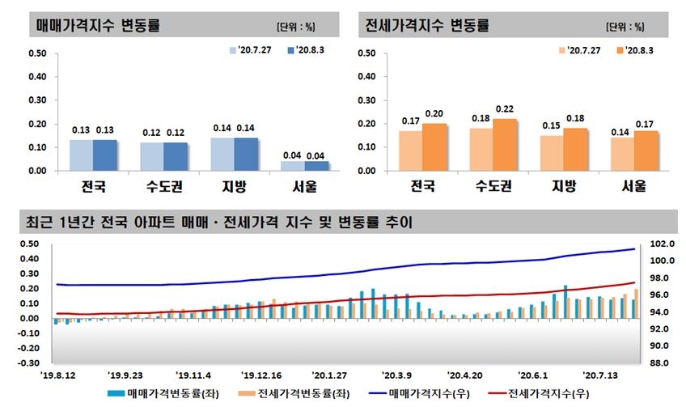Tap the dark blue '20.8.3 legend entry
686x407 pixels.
308,50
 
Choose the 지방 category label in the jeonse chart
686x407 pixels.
564,185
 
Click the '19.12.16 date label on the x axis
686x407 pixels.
262,376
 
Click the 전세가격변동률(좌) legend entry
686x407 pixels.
285,395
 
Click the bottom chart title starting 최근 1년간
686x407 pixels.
218,220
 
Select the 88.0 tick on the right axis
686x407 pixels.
661,363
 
